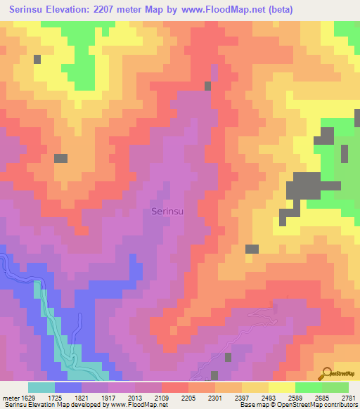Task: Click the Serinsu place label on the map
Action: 169,210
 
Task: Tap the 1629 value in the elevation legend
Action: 27,398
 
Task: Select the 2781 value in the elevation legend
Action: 348,398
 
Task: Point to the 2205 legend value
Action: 188,398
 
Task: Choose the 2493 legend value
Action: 268,398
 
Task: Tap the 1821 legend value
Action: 81,398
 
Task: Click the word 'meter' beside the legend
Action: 10,398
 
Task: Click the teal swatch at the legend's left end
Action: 41,387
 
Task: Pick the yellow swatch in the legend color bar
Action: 281,387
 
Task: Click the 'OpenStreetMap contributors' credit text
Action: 324,405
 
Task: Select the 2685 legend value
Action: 321,398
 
